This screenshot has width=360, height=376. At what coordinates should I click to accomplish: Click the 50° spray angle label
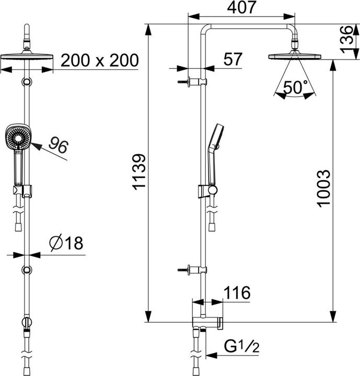coord(295,88)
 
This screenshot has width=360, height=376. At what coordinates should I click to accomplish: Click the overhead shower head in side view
coord(295,56)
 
